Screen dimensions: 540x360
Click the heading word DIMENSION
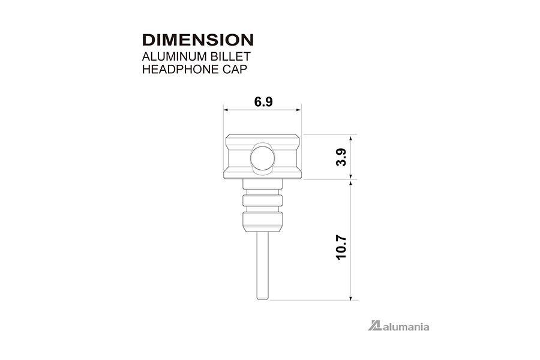(198, 40)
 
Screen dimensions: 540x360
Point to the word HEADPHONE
(181, 69)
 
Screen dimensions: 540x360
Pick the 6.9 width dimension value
(263, 101)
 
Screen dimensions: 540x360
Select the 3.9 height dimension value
(341, 157)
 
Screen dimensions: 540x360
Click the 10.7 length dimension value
(341, 247)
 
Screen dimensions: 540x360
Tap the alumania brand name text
(406, 326)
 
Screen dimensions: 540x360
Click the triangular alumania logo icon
(374, 326)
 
